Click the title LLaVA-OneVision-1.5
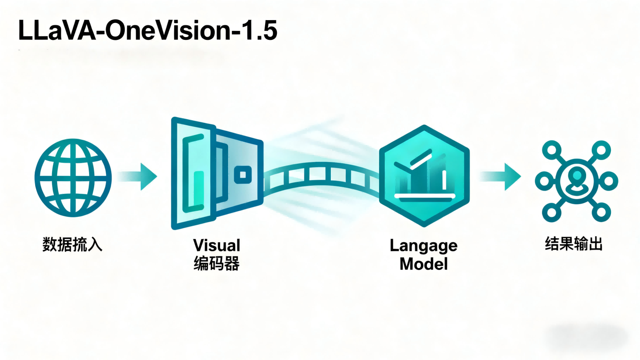(147, 31)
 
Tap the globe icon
(73, 177)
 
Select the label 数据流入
(72, 245)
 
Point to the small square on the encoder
(242, 175)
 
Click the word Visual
(216, 245)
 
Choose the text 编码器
(216, 264)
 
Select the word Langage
(423, 245)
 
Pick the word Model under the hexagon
(423, 264)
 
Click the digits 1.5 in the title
(260, 31)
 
